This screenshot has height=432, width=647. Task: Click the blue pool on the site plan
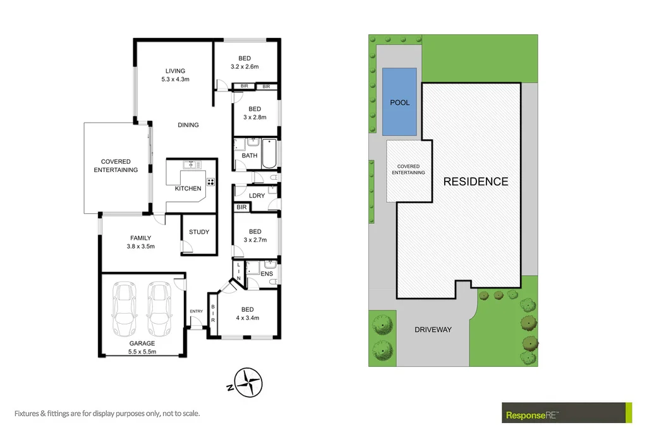coord(399,101)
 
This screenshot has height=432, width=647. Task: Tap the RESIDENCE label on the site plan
coord(475,182)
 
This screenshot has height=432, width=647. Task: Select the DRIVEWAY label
coord(433,330)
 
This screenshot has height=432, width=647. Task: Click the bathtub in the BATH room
coord(269,154)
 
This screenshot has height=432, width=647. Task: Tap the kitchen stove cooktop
coord(210,182)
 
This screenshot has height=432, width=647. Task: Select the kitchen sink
coord(190,165)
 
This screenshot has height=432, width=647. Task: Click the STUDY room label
coord(199,232)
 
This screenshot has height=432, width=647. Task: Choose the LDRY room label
coord(257,196)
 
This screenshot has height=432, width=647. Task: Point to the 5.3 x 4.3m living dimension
coord(175,80)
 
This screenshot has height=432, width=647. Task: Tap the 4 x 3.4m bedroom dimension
coord(246,318)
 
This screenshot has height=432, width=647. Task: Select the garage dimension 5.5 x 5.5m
coord(142,352)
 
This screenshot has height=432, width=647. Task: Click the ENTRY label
coord(197,311)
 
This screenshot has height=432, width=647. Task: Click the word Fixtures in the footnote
coord(30,414)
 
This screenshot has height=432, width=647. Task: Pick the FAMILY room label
coord(140,238)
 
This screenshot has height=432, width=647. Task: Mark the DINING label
coord(188,125)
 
